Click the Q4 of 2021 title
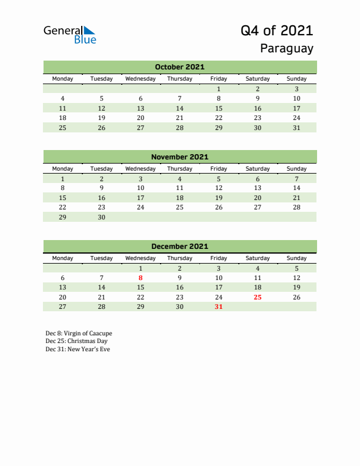[277, 31]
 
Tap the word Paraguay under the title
[287, 49]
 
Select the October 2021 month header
[179, 67]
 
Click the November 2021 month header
[179, 157]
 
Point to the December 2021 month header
[179, 247]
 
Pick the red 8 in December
[141, 278]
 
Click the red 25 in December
[258, 297]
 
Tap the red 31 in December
[219, 307]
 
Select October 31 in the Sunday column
[296, 128]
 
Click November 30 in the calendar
[102, 217]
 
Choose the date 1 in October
[219, 89]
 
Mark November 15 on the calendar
[63, 198]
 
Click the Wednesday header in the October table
[141, 79]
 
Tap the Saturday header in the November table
[258, 168]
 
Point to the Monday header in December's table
[63, 258]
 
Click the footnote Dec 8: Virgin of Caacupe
[78, 333]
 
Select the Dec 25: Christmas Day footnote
[76, 341]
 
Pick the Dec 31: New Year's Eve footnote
[78, 349]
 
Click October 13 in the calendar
[141, 108]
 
